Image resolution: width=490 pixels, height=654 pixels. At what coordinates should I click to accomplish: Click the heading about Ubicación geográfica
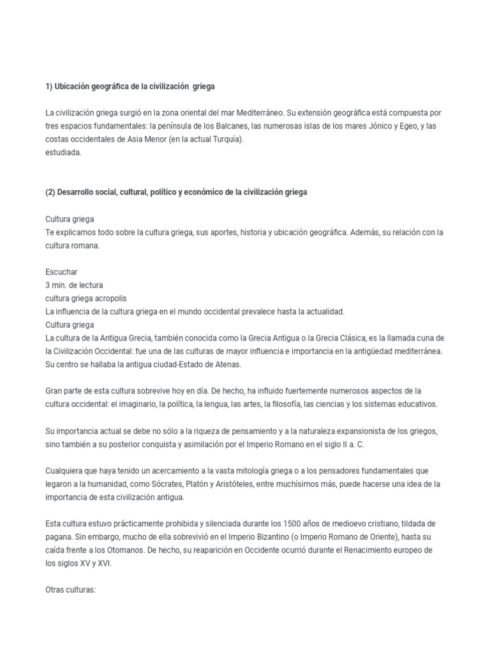pos(134,86)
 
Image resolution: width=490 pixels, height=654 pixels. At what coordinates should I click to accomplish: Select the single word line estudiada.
pos(64,153)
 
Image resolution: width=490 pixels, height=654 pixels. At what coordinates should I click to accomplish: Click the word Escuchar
pos(61,271)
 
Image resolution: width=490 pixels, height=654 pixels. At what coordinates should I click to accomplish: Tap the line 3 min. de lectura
pos(74,285)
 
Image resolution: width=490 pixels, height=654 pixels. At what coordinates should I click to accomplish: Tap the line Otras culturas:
pos(70,590)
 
